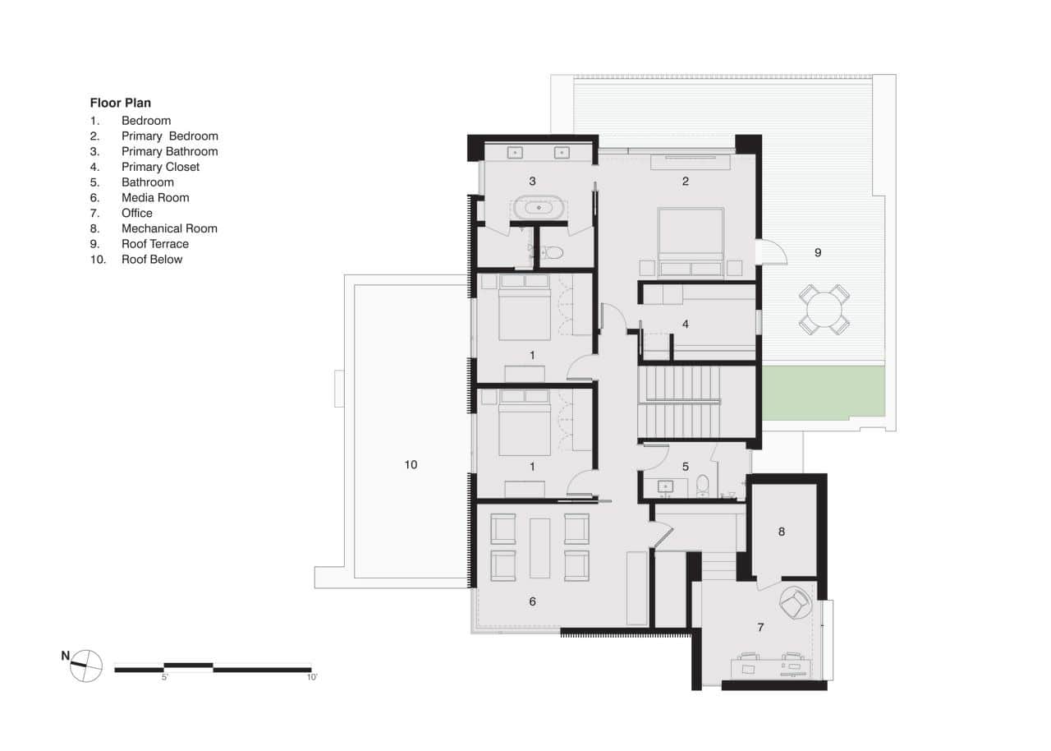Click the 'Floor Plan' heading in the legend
(x=120, y=104)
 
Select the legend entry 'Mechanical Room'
(x=169, y=228)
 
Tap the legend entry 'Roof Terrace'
(x=154, y=244)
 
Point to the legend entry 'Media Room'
(x=155, y=197)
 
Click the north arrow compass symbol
(x=85, y=665)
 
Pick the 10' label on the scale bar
(x=311, y=678)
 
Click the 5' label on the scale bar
(x=164, y=678)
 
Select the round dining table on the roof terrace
(x=824, y=310)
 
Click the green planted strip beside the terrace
(x=823, y=393)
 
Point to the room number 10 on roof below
(x=411, y=465)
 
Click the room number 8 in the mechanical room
(x=782, y=532)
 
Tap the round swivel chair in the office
(x=795, y=606)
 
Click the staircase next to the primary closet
(x=680, y=403)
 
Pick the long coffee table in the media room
(x=540, y=547)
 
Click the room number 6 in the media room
(x=532, y=601)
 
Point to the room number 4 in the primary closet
(x=685, y=324)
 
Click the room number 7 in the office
(x=760, y=627)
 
